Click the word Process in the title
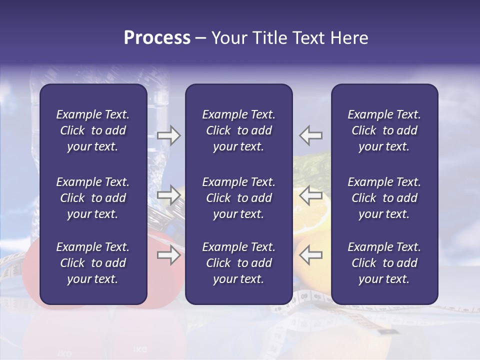click(157, 38)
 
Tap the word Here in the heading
click(348, 38)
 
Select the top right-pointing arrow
click(168, 135)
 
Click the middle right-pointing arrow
click(168, 195)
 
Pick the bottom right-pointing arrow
click(168, 255)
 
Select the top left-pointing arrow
click(310, 135)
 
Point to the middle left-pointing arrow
click(310, 195)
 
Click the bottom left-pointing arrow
click(310, 255)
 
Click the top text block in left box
click(93, 130)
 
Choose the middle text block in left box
click(93, 198)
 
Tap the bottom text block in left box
click(93, 263)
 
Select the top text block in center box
click(238, 130)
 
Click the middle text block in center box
click(238, 198)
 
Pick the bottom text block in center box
click(238, 263)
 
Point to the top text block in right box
click(384, 130)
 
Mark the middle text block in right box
click(384, 198)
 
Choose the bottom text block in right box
click(384, 263)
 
